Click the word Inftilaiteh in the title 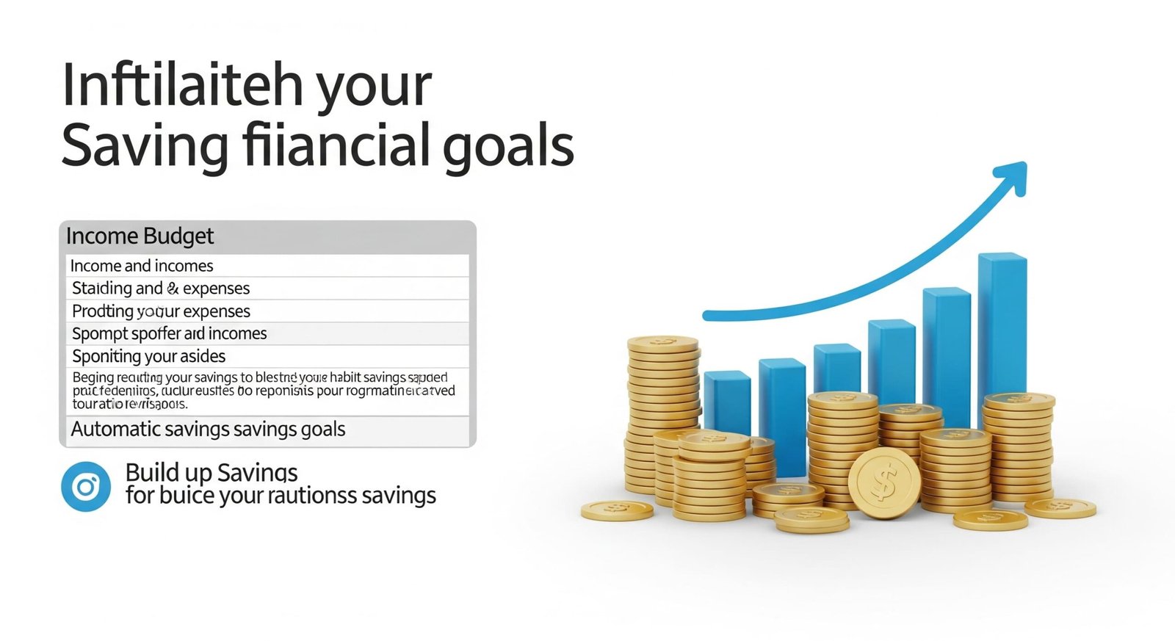[182, 86]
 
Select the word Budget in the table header [178, 236]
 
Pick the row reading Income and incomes [142, 266]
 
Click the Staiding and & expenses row [161, 289]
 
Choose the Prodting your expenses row [161, 311]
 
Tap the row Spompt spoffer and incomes [169, 334]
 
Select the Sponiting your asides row [148, 357]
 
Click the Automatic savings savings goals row [208, 430]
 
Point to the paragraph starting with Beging [263, 391]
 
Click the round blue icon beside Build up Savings [86, 486]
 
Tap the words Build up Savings [211, 472]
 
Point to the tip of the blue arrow [1021, 168]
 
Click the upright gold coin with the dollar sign [884, 483]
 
